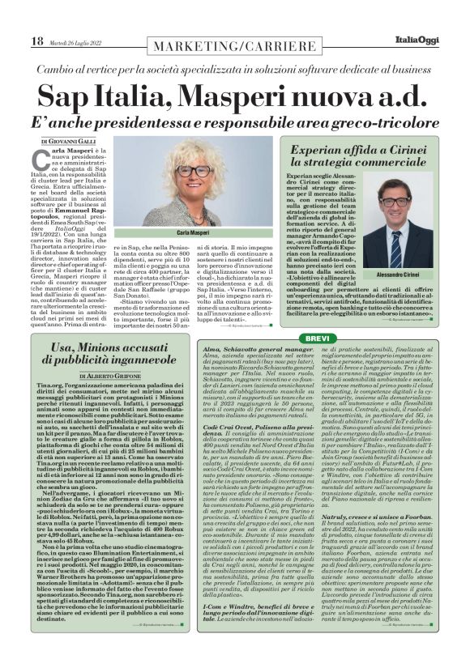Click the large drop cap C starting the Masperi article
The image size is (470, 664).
[x=47, y=157]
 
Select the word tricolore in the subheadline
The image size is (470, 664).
[x=365, y=126]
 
